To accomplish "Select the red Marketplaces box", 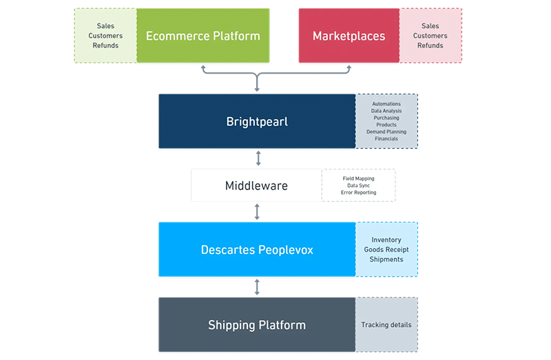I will point(349,36).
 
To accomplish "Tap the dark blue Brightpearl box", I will point(256,122).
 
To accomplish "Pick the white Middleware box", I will point(256,186).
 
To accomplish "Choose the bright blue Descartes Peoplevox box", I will point(256,250).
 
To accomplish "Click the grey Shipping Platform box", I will point(256,325).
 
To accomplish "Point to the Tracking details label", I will point(386,325).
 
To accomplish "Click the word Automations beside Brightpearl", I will point(386,104).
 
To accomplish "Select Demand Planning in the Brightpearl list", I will point(386,131).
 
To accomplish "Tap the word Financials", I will point(386,138).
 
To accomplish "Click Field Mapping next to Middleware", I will point(358,178).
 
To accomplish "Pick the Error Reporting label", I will point(358,193).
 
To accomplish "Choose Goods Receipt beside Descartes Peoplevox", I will point(386,250).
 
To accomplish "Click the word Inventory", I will point(386,240).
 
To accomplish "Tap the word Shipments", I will point(386,260).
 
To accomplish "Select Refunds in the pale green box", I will point(105,45).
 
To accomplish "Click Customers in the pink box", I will point(430,36).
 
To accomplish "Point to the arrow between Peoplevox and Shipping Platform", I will point(258,286).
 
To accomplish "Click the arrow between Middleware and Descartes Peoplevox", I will point(258,211).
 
